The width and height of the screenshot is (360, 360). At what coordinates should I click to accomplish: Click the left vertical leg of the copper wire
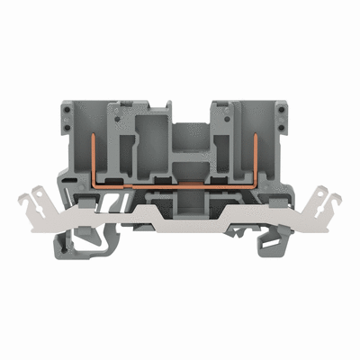pyautogui.click(x=94, y=154)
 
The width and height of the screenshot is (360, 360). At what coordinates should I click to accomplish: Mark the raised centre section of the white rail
pyautogui.click(x=180, y=209)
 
